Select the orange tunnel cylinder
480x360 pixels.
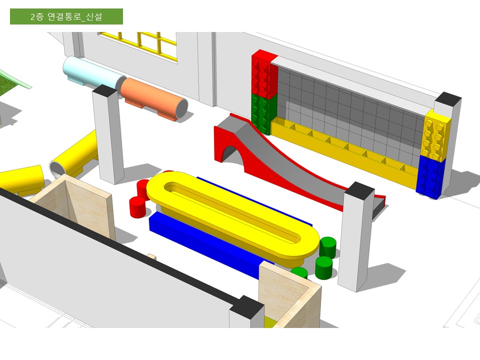tap(153, 98)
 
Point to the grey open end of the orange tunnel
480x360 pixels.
tap(181, 109)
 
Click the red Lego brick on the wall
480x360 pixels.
tap(264, 74)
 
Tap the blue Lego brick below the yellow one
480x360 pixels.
tap(431, 177)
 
